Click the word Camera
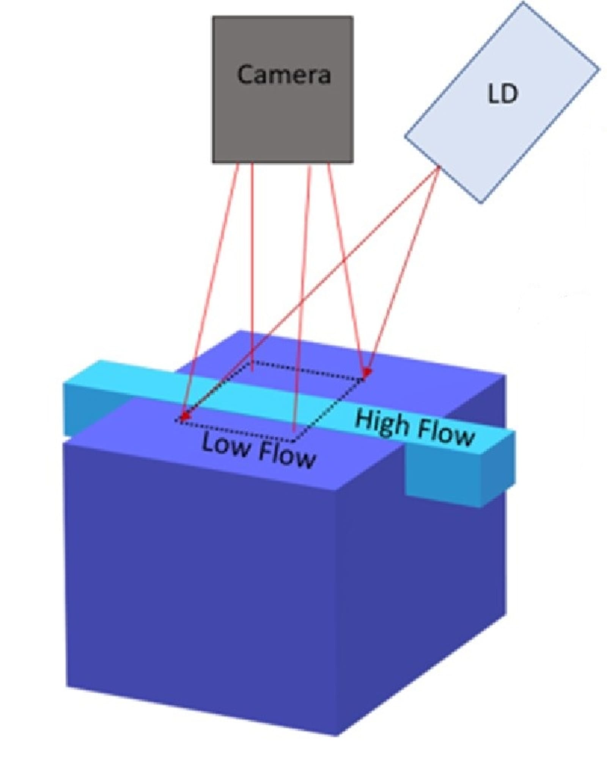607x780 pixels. (x=284, y=74)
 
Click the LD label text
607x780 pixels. (x=502, y=94)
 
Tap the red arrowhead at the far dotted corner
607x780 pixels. (x=366, y=372)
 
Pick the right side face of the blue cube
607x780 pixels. (x=421, y=592)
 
